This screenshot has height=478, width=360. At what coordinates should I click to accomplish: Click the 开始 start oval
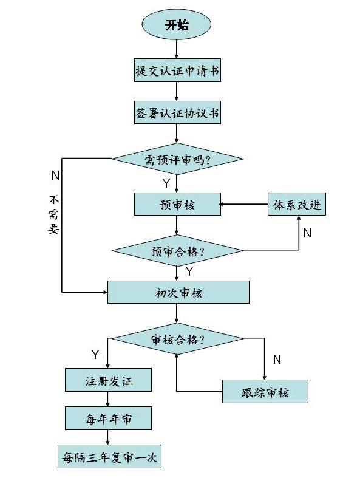coord(177,25)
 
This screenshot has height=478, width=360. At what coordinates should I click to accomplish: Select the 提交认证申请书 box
coord(177,70)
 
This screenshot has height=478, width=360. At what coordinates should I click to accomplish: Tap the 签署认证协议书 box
coord(177,112)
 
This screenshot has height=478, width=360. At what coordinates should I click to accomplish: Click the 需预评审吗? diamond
coord(177,159)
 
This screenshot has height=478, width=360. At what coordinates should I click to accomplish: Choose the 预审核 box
coord(177,204)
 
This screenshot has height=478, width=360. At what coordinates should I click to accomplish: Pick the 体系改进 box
coord(297,204)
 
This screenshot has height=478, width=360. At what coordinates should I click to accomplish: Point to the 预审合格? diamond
coord(177,251)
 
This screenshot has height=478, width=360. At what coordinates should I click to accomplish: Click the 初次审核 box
coord(178,292)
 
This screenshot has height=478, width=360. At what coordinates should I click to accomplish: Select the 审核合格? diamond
coord(177,338)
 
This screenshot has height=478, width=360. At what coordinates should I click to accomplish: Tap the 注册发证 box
coord(108,380)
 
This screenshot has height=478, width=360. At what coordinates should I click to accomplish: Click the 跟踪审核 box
coord(265,391)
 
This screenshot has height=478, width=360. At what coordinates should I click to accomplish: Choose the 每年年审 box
coord(108,418)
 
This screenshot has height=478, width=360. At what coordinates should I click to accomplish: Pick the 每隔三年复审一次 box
coord(109,456)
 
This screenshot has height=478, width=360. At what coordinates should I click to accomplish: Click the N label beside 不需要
coord(55,176)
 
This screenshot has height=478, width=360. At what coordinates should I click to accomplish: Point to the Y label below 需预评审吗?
coord(166,183)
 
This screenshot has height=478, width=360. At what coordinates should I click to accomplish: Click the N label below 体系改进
coord(307,233)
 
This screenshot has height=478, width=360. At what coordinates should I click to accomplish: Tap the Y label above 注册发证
coord(95,355)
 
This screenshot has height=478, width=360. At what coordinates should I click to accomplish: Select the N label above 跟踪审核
coord(277,360)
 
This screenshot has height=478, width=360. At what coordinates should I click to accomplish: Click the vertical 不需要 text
coord(53,214)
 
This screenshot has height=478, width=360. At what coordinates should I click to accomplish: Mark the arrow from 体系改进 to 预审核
coord(243,204)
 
